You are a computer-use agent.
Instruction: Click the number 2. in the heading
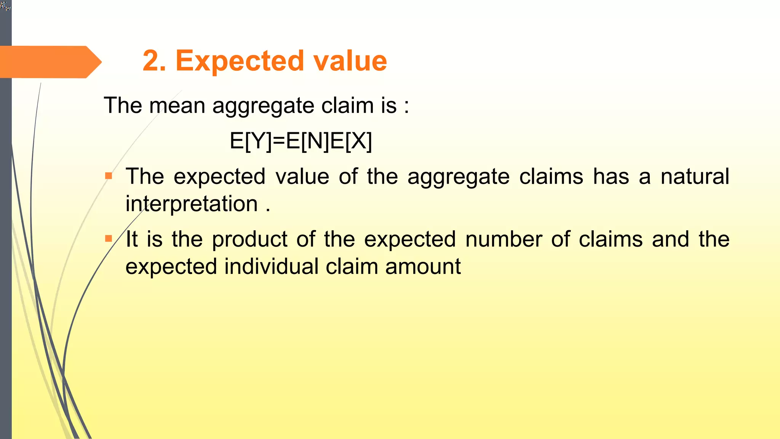(x=154, y=61)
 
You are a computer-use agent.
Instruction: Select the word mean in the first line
(x=177, y=106)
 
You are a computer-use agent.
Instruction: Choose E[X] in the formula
(x=351, y=141)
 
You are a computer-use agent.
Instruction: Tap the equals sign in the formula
(x=279, y=142)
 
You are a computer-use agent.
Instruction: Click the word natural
(x=695, y=176)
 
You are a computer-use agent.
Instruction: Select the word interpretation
(x=192, y=204)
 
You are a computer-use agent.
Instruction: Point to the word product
(x=249, y=240)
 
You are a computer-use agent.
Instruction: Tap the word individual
(x=271, y=266)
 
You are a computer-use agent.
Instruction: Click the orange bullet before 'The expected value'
(x=109, y=176)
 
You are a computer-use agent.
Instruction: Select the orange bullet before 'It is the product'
(x=109, y=239)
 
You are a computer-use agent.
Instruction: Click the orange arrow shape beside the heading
(x=50, y=62)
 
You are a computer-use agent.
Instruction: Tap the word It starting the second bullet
(x=132, y=239)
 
